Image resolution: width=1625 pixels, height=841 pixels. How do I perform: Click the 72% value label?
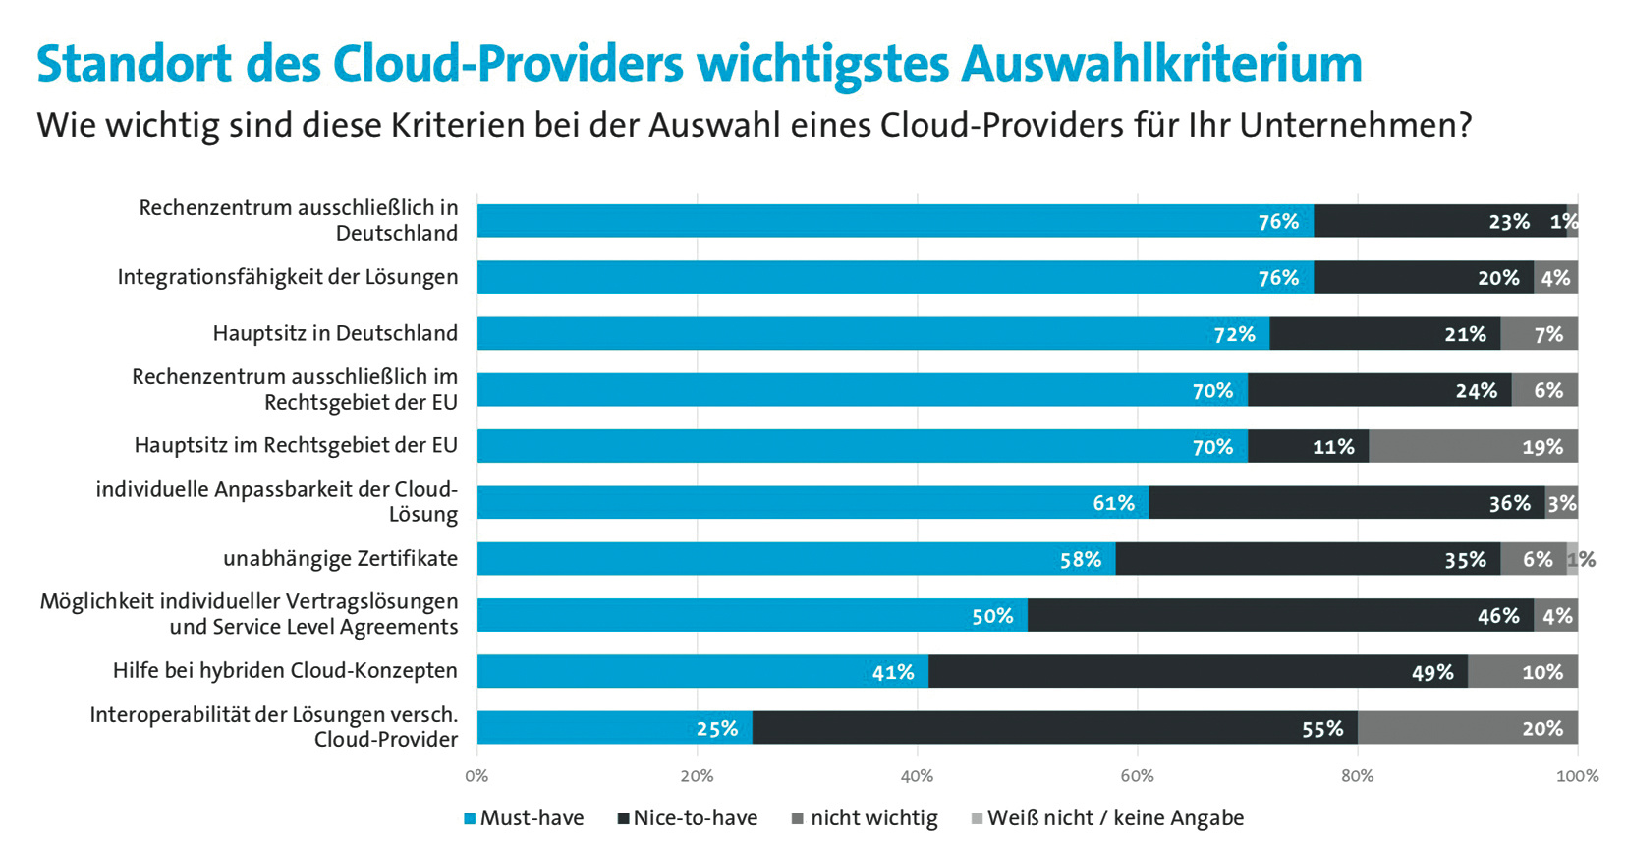1234,335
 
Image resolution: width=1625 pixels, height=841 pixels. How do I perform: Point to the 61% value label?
1113,504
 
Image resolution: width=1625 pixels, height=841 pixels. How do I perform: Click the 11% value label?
1333,448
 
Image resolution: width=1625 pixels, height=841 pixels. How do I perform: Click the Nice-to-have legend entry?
688,818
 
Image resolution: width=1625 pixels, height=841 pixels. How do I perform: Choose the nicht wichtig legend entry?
865,818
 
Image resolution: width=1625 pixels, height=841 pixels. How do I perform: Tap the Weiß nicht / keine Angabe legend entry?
1107,818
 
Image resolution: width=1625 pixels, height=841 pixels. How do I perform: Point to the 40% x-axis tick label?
917,776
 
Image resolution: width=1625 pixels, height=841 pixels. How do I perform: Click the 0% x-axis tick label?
476,776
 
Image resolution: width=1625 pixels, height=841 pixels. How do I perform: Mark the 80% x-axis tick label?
1357,776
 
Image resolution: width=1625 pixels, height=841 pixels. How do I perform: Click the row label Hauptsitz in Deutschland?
335,333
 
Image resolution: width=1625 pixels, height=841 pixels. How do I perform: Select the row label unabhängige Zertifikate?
340,559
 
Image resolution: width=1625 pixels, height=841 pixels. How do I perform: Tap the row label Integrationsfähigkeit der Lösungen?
287,277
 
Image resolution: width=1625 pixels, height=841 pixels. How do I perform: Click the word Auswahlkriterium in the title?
1161,64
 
